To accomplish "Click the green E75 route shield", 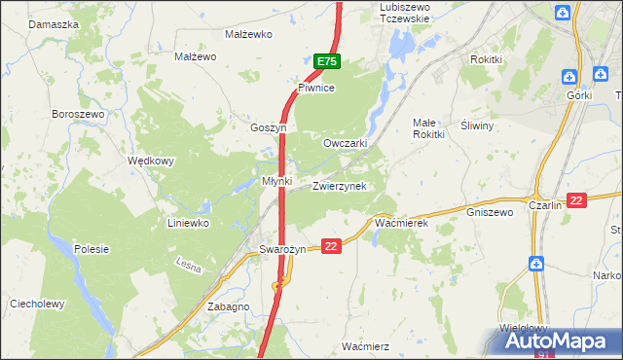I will click(327, 62).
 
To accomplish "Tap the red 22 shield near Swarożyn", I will click(332, 247).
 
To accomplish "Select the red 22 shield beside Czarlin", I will click(577, 200).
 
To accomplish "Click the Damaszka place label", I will click(54, 22).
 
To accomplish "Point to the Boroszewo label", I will click(78, 114).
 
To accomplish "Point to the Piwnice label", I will click(316, 88).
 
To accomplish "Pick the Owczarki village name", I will click(345, 142).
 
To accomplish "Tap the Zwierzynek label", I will click(339, 186).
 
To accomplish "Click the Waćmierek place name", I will click(401, 224).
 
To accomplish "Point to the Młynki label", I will click(277, 181).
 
